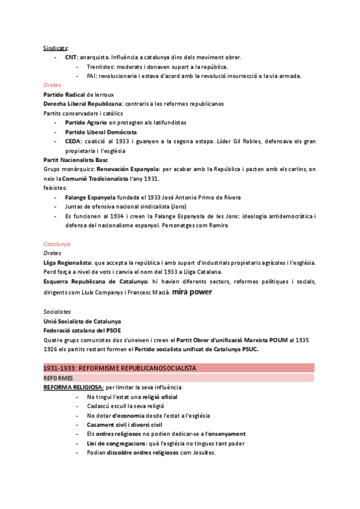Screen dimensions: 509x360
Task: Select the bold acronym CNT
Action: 71,57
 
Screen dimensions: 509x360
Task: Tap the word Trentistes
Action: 101,67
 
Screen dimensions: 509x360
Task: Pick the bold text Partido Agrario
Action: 82,122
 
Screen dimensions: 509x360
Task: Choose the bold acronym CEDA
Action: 73,141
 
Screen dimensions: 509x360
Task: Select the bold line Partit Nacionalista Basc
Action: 75,160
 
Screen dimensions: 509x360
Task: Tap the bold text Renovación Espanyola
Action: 128,169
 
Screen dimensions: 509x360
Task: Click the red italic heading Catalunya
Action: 57,244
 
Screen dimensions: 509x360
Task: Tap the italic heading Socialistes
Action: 57,312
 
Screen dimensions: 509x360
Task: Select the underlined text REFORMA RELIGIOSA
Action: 74,388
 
